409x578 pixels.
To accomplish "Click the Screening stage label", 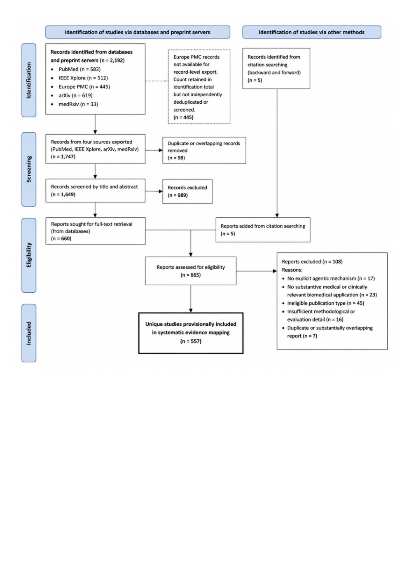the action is (29, 169).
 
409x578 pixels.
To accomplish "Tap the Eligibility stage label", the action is (29, 255).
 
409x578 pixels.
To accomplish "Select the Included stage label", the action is (29, 333).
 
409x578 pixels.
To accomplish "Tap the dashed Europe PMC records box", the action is (199, 87).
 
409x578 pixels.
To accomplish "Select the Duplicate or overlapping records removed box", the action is (204, 150).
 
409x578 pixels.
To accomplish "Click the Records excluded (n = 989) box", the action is (187, 191).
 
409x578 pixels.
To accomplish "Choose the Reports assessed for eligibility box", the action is (191, 271).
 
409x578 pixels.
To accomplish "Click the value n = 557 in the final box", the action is (191, 341).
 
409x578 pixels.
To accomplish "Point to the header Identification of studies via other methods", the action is (312, 32).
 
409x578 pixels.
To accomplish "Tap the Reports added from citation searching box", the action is (263, 230).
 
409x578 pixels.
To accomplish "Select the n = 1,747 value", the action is (63, 156).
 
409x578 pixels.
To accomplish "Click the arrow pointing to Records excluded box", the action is (154, 191).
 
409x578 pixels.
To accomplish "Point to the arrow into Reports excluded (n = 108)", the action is (257, 271).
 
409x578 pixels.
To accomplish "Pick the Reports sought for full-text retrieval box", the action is (96, 231).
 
